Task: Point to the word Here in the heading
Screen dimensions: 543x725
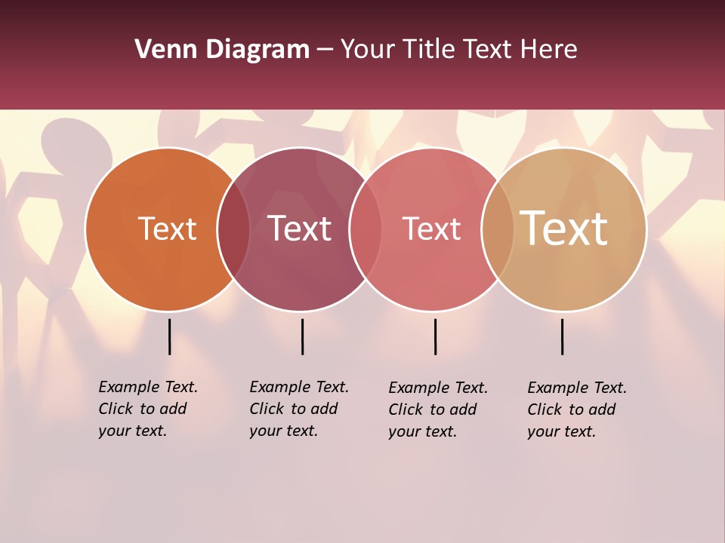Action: click(549, 50)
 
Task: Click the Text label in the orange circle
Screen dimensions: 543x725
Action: click(167, 229)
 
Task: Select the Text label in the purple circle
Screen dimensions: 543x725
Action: click(300, 229)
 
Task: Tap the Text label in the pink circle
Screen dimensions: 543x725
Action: click(431, 229)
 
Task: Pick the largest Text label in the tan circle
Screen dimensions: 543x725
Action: click(564, 229)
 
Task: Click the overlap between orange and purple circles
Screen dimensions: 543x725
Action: click(233, 229)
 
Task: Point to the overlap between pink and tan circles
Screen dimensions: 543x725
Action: click(498, 229)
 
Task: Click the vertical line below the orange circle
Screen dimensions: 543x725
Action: click(170, 336)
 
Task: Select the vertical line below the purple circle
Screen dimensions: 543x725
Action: click(302, 336)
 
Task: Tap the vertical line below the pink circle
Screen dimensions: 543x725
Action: click(435, 336)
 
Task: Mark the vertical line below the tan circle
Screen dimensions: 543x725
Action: click(563, 336)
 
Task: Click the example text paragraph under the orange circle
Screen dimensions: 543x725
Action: click(147, 409)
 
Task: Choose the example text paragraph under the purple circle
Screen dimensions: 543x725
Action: click(298, 409)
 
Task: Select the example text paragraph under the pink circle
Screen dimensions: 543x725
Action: click(437, 410)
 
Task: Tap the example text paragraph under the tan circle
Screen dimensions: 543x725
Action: click(576, 410)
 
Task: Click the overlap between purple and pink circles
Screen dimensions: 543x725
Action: click(366, 229)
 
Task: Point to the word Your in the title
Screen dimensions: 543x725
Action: click(368, 50)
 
